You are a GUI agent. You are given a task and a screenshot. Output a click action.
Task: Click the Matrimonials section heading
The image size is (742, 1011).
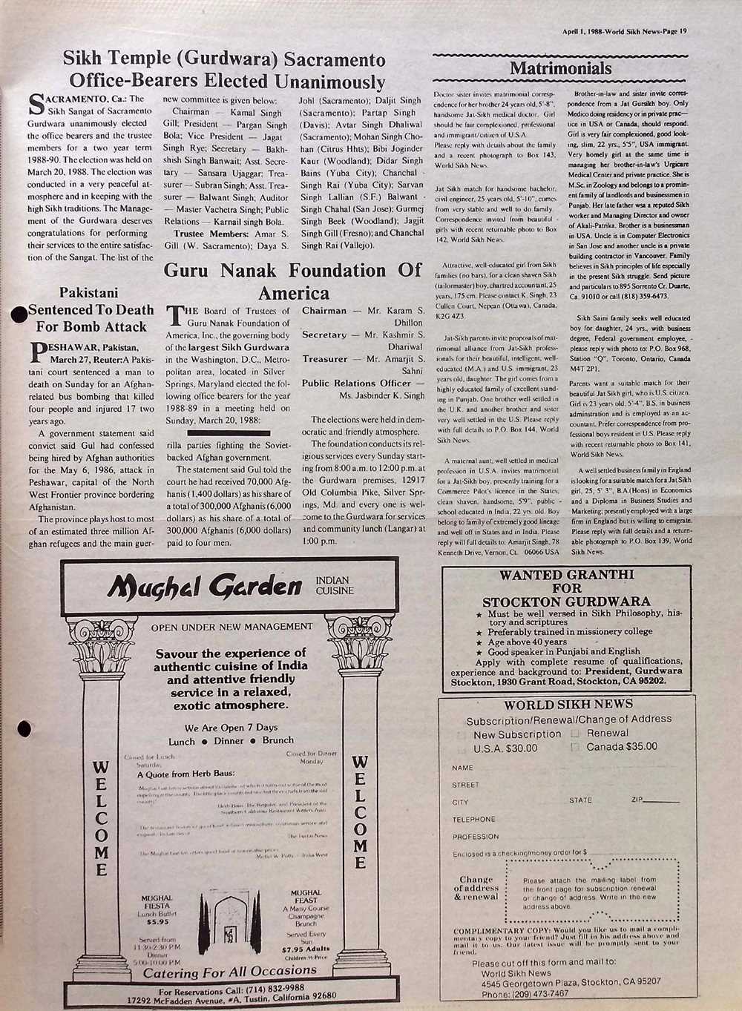pos(560,69)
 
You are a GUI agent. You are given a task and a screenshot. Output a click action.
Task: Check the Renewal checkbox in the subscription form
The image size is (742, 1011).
pos(575,733)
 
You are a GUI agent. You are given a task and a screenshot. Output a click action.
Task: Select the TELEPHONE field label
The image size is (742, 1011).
pos(473,820)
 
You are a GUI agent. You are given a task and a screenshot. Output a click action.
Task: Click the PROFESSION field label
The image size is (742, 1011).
pos(475,837)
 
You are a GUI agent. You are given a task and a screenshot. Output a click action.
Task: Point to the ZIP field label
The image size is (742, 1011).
pos(637,800)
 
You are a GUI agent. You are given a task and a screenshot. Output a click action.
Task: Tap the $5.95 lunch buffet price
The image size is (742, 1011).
pos(157,922)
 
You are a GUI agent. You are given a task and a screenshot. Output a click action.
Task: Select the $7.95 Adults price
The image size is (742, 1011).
pos(306,949)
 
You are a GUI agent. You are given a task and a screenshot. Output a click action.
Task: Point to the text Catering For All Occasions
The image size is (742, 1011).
pos(224,972)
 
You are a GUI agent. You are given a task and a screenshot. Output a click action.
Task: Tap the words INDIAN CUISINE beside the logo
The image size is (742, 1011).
pos(334,585)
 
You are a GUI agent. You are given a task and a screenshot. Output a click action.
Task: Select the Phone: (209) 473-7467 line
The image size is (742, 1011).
pos(525,994)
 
